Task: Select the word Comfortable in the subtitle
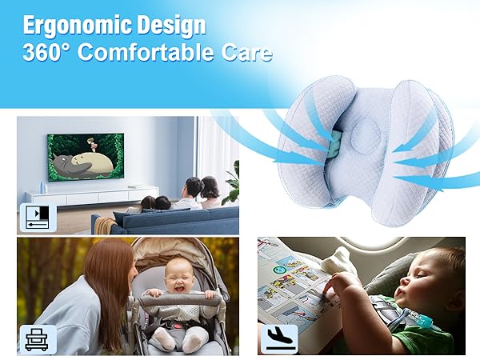[x=151, y=54]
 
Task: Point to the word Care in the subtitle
[x=246, y=54]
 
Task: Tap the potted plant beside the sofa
[x=232, y=184]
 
